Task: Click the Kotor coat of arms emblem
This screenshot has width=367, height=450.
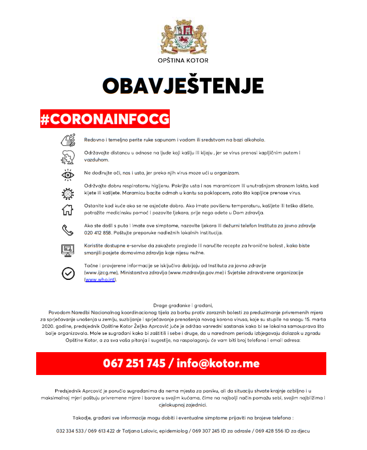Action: [183, 38]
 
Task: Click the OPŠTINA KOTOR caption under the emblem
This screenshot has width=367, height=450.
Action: [183, 60]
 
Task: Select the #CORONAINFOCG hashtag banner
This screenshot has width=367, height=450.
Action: [105, 118]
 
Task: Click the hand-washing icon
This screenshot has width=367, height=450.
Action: [68, 139]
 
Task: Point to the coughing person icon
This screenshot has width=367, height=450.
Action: [68, 156]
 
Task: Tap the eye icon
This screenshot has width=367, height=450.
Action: [68, 173]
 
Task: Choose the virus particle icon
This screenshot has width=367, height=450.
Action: [68, 193]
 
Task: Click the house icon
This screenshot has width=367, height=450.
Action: [68, 210]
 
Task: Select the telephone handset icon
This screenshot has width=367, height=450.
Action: [68, 230]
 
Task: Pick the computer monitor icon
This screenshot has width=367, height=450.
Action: [68, 250]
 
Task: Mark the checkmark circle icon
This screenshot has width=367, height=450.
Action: [68, 273]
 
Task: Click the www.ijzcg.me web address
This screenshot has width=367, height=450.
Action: [102, 273]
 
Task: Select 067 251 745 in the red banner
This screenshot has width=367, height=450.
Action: [134, 364]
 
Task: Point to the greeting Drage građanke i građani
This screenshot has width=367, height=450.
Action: [183, 305]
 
